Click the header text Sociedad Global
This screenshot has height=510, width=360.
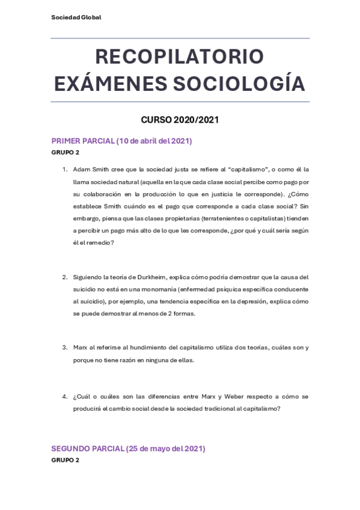click(76, 17)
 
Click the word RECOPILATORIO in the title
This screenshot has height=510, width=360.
click(180, 57)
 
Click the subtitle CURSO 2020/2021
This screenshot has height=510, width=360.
click(180, 120)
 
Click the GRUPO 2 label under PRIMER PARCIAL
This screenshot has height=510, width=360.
click(65, 152)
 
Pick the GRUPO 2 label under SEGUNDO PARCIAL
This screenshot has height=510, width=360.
click(65, 460)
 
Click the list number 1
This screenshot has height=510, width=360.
click(64, 170)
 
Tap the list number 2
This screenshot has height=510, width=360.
click(64, 277)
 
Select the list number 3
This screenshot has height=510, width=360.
click(64, 348)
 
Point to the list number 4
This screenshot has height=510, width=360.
click(64, 397)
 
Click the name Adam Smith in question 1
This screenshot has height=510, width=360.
click(89, 170)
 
